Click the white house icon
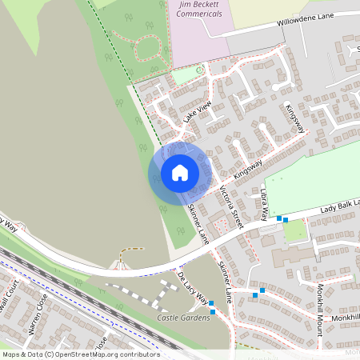tap(180, 172)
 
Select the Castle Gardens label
tap(183, 318)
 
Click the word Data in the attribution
tap(33, 354)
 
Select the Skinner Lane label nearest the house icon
tap(198, 223)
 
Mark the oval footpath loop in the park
tap(148, 50)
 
